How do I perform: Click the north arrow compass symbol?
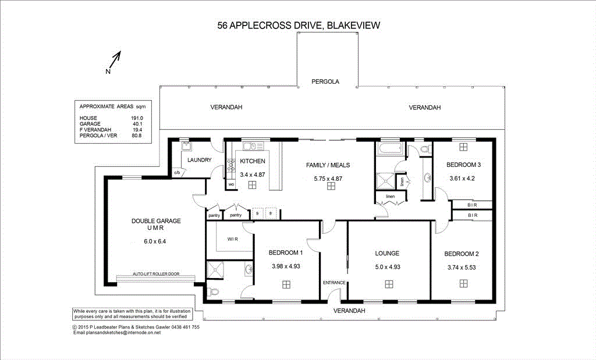pyautogui.click(x=114, y=62)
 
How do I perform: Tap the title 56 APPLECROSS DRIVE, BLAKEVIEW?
pyautogui.click(x=297, y=25)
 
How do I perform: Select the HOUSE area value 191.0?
pyautogui.click(x=137, y=118)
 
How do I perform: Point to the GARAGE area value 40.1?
pyautogui.click(x=137, y=124)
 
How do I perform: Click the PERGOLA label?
pyautogui.click(x=325, y=81)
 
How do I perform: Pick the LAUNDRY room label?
pyautogui.click(x=200, y=160)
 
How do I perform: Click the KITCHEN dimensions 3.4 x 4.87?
pyautogui.click(x=253, y=174)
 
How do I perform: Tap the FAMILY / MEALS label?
pyautogui.click(x=328, y=165)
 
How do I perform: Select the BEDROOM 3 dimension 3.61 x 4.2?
pyautogui.click(x=462, y=178)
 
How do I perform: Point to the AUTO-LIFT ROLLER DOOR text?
pyautogui.click(x=155, y=273)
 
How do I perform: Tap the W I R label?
pyautogui.click(x=232, y=238)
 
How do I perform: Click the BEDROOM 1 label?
pyautogui.click(x=285, y=253)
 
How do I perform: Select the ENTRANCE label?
pyautogui.click(x=334, y=283)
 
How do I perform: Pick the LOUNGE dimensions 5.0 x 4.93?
pyautogui.click(x=387, y=267)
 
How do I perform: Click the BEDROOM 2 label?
pyautogui.click(x=462, y=254)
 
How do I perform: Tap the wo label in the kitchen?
pyautogui.click(x=231, y=185)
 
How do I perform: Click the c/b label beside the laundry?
pyautogui.click(x=177, y=172)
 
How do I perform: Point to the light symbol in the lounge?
pyautogui.click(x=388, y=284)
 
